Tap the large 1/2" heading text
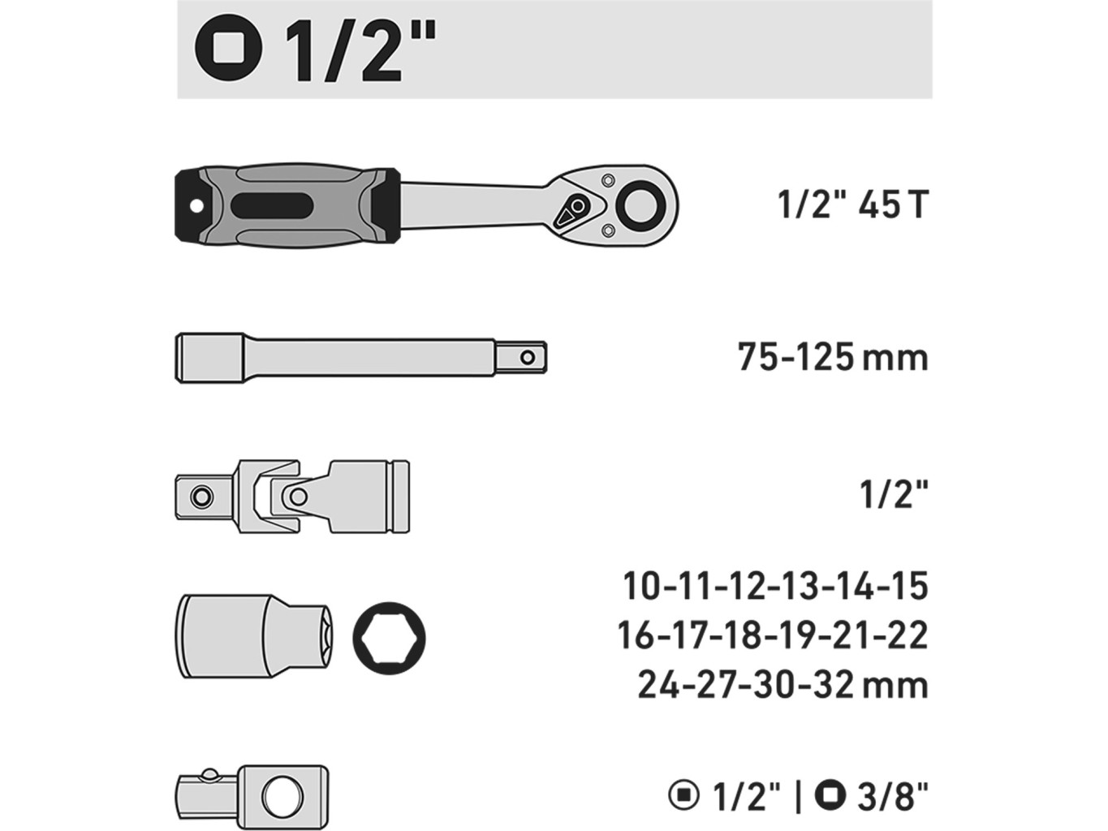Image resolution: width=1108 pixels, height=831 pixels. point(360,50)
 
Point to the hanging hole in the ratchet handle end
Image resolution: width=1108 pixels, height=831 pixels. point(195,206)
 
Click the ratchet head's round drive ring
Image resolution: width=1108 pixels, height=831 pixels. point(641,206)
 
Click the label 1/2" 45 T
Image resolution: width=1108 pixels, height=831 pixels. point(852,205)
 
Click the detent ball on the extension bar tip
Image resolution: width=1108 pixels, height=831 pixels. point(528,358)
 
